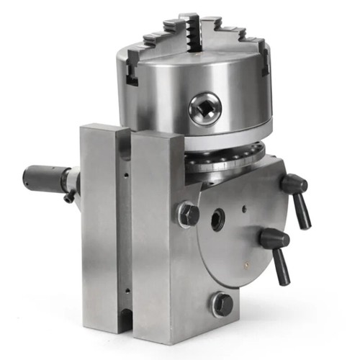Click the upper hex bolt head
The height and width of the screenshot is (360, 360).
pos(189,214)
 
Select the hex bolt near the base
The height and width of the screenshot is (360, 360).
pos(222,304)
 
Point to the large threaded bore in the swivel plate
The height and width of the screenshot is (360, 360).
pos(217,220)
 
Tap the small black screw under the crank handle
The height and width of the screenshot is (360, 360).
pos(68,197)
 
